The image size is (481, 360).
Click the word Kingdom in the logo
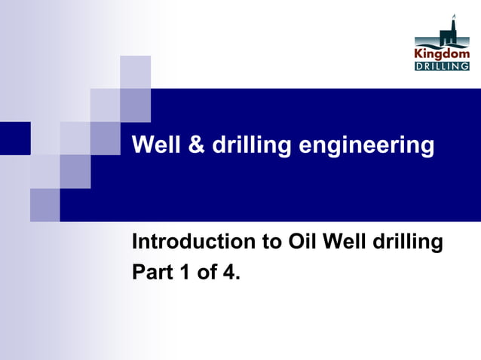[x=442, y=53]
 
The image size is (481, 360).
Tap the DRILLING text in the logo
[x=442, y=66]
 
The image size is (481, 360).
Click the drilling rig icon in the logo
[x=452, y=32]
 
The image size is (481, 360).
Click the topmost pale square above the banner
[x=135, y=72]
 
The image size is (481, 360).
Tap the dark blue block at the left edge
[x=14, y=138]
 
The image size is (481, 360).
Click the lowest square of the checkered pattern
[x=44, y=205]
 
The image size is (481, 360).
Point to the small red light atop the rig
[x=454, y=15]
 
